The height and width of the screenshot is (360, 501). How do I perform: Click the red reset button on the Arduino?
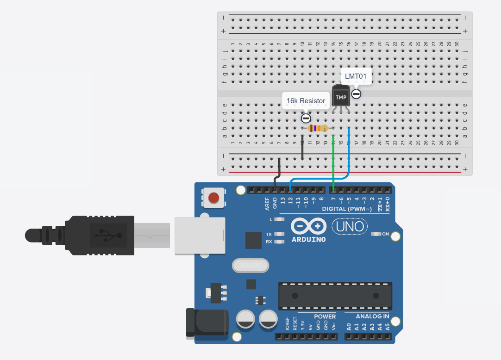coord(213,198)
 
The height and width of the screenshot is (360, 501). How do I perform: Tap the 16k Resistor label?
coord(306,100)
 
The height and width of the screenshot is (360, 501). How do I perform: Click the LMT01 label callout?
coord(356,76)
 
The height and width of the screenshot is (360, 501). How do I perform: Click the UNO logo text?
coord(350,227)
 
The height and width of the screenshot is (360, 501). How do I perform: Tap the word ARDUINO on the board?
coord(308,239)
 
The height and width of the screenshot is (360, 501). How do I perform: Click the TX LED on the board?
coord(279,234)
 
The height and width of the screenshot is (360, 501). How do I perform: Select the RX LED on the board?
coord(279,242)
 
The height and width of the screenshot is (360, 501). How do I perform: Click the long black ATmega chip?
coord(335,296)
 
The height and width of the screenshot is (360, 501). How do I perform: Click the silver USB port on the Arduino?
coord(200,236)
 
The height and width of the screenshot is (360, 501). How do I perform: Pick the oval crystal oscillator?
coord(250,265)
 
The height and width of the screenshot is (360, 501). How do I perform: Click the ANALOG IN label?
coord(372,317)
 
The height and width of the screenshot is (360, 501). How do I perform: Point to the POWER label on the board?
coord(325,317)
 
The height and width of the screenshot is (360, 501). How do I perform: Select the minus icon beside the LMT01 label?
coord(356,94)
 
